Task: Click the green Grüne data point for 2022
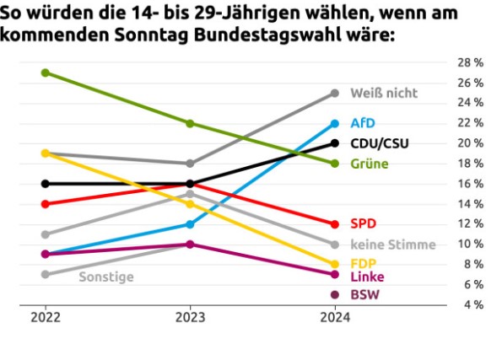tap(45, 73)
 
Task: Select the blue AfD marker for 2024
tap(335, 123)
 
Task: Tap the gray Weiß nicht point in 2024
tap(335, 93)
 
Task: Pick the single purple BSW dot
tap(335, 294)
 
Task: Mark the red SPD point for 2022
tap(45, 204)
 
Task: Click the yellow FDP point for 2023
tap(190, 204)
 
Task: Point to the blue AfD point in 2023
tap(190, 224)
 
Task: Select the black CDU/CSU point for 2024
tap(335, 143)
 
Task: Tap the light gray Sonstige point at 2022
tap(45, 274)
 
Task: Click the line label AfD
tap(363, 123)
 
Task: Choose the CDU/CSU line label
tap(379, 143)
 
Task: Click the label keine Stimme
tap(393, 244)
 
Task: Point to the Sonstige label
tap(106, 276)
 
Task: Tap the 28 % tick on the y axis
tap(471, 62)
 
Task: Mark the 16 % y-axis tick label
tap(471, 184)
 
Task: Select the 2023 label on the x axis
tap(190, 318)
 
